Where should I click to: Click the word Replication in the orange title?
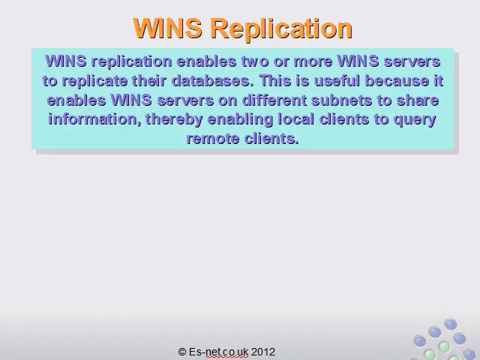[x=281, y=28]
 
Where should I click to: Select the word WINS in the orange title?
[x=167, y=28]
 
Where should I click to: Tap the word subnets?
[x=342, y=100]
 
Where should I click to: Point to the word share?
[x=418, y=100]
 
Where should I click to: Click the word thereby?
[x=174, y=120]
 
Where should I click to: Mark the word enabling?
[x=240, y=120]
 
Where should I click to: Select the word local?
[x=296, y=119]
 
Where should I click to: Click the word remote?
[x=213, y=139]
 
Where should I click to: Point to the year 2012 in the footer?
[x=263, y=352]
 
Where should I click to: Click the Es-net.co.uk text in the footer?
[x=218, y=352]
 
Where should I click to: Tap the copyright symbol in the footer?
[x=182, y=352]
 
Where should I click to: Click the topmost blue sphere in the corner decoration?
[x=451, y=325]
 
